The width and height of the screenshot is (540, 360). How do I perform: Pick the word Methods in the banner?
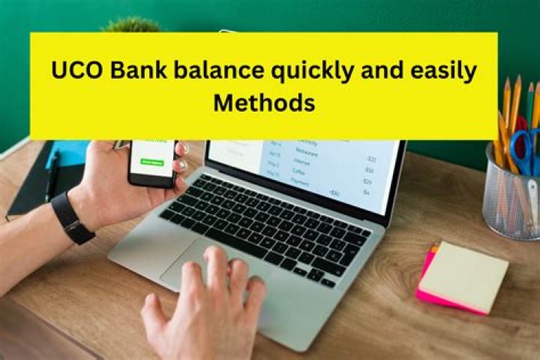[x=264, y=103]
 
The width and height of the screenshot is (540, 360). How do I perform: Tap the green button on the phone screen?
[x=152, y=161]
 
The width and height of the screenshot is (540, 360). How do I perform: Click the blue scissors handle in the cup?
[x=525, y=150]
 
